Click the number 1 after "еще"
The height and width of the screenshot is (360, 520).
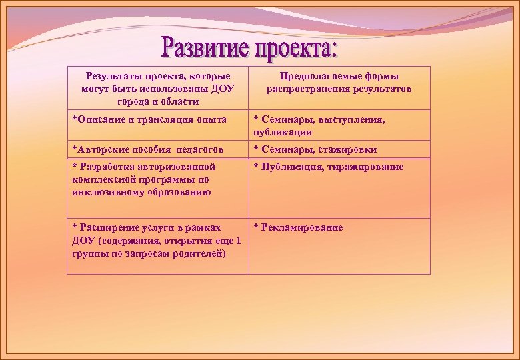pos(239,241)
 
